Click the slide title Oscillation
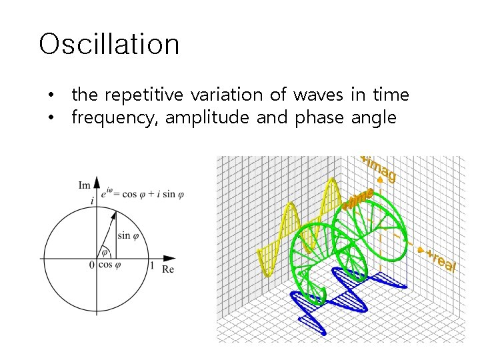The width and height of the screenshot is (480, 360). pyautogui.click(x=109, y=45)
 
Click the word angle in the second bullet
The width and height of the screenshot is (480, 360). pyautogui.click(x=372, y=118)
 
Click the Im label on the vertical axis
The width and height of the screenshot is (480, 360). pyautogui.click(x=85, y=185)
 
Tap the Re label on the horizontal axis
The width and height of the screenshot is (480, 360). pyautogui.click(x=168, y=269)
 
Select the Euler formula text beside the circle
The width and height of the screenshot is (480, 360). pyautogui.click(x=143, y=195)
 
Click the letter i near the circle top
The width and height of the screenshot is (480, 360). pyautogui.click(x=91, y=199)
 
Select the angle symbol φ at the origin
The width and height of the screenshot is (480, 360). pyautogui.click(x=104, y=253)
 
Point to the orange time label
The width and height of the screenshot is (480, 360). pyautogui.click(x=358, y=199)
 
